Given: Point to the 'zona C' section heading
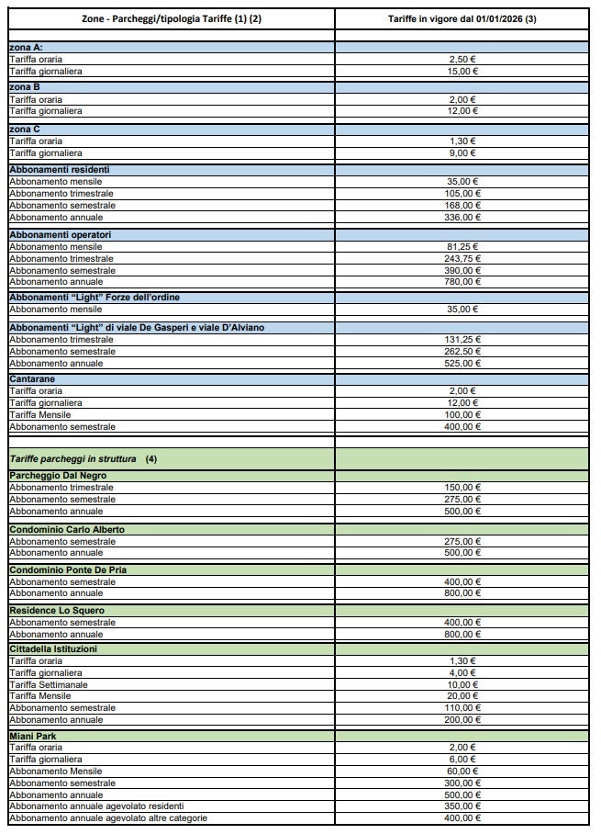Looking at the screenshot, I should point(25,130).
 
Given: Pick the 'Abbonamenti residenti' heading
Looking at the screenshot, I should point(59,170).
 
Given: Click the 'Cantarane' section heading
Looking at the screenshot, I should point(32,378).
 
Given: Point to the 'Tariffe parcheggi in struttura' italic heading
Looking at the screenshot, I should point(73,457).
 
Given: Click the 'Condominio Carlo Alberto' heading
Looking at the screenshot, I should point(67,530).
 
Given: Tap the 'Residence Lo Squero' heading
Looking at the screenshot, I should point(57,611).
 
